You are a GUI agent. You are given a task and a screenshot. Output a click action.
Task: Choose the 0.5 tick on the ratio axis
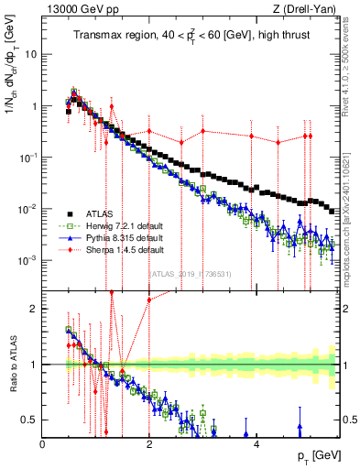point(33,420)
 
